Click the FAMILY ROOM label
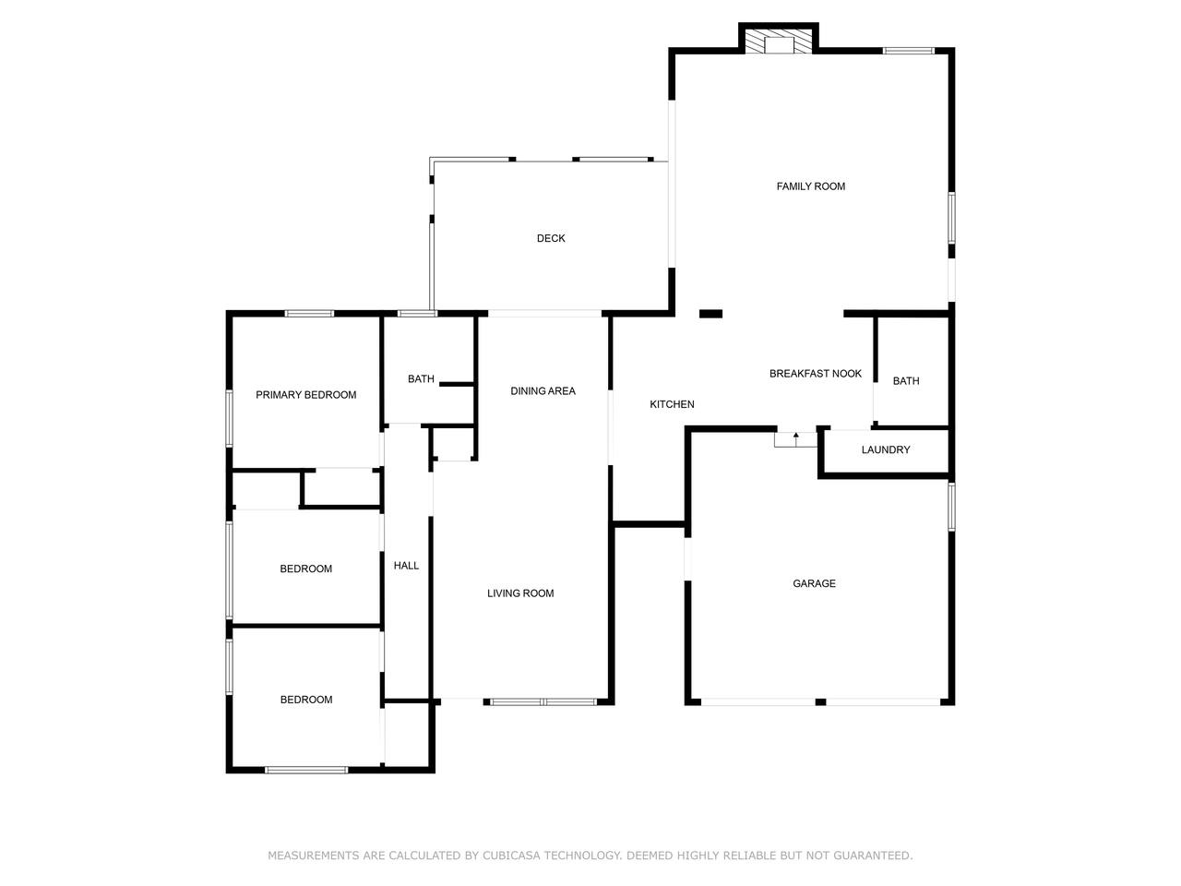(x=810, y=186)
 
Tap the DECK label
(x=551, y=238)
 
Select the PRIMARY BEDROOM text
(x=305, y=395)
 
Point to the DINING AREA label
(x=543, y=391)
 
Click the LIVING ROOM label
(x=520, y=593)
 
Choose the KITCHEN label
(x=672, y=404)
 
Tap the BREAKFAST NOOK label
(x=815, y=374)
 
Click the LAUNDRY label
(x=885, y=449)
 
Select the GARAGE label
(x=814, y=583)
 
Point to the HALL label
(x=406, y=566)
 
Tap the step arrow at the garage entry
(x=795, y=438)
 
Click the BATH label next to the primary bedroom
(x=421, y=379)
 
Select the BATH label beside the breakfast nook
(x=905, y=381)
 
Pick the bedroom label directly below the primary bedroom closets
(x=305, y=569)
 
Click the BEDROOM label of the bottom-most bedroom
(x=306, y=700)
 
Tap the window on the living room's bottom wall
(x=543, y=702)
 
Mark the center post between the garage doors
(x=820, y=702)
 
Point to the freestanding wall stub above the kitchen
(x=710, y=314)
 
